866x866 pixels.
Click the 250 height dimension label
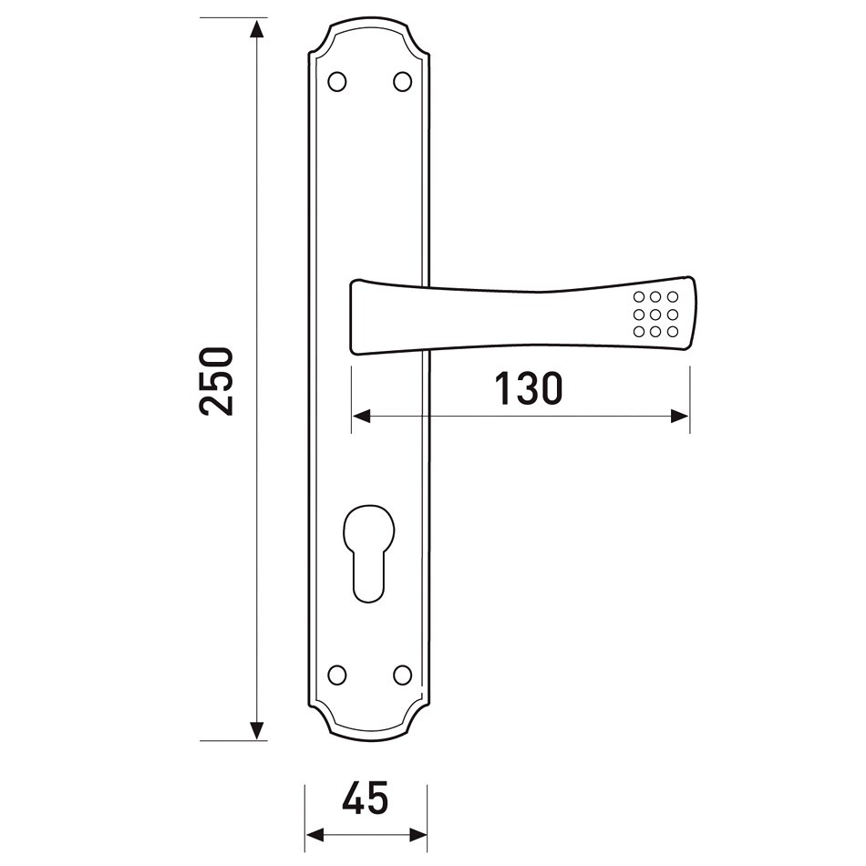pos(216,381)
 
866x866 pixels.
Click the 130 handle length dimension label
pos(529,388)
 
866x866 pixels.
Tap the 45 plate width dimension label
pos(366,798)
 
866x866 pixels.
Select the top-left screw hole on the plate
pos(337,82)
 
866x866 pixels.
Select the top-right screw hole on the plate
pos(403,82)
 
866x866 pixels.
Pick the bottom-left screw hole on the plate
pos(337,675)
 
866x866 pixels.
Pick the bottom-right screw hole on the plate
pos(403,675)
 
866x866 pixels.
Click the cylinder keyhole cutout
pos(369,552)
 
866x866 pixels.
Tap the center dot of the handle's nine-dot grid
pos(655,314)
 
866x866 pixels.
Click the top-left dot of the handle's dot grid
pos(639,297)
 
